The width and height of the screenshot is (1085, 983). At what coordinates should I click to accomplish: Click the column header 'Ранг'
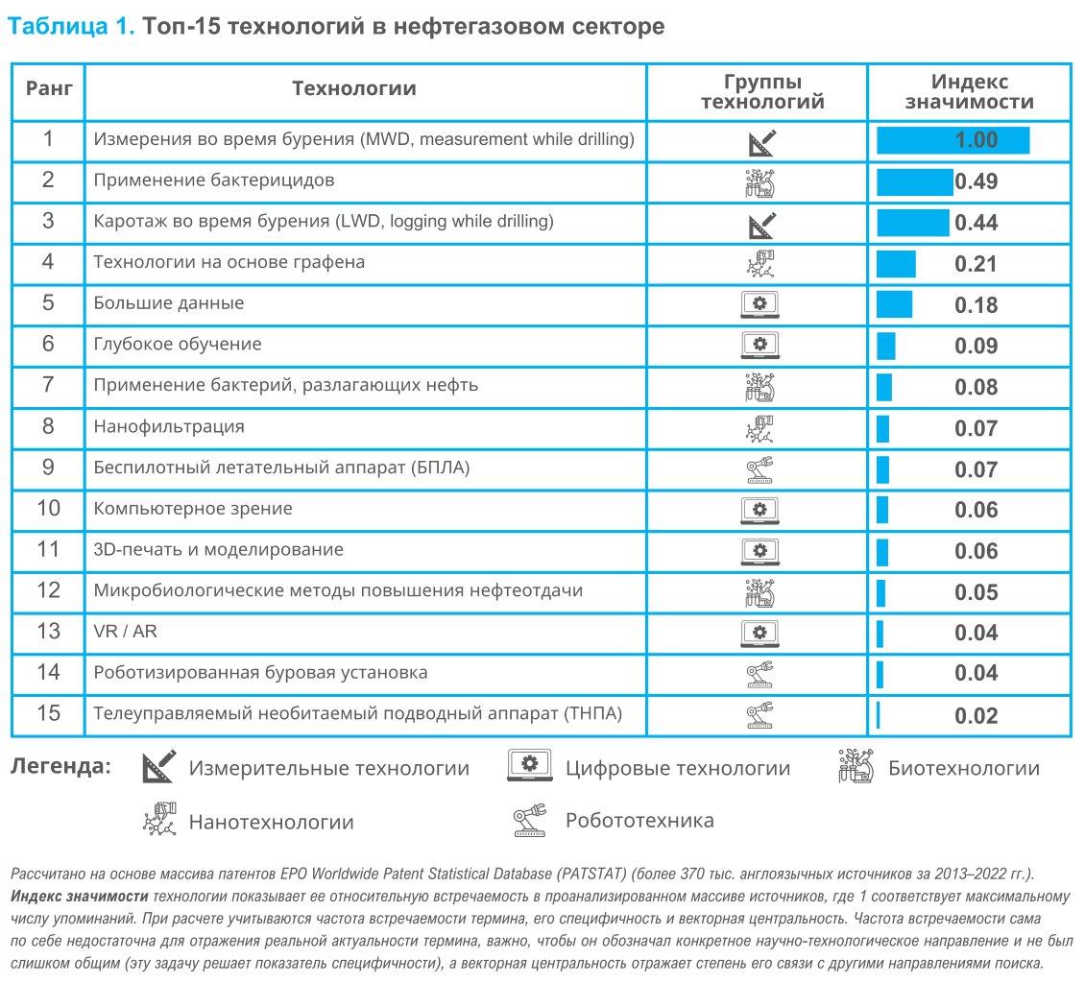(48, 88)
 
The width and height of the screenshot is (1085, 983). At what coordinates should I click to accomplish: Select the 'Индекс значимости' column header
(969, 92)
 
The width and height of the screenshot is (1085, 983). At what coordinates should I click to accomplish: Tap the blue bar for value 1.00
(952, 140)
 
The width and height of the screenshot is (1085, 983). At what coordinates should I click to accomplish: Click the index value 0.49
(976, 182)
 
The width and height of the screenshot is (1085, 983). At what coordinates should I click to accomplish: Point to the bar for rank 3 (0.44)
(913, 223)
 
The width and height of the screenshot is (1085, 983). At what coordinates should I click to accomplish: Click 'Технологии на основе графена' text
(229, 262)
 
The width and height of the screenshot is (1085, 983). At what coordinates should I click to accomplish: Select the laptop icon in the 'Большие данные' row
(759, 304)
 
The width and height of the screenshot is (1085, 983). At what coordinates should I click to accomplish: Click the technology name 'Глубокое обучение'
(178, 344)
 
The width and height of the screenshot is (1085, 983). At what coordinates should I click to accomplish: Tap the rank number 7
(48, 385)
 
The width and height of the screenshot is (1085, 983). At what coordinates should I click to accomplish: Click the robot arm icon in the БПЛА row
(759, 469)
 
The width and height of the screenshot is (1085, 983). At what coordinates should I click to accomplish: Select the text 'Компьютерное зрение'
(193, 509)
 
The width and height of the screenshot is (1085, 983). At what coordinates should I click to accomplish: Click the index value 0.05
(976, 592)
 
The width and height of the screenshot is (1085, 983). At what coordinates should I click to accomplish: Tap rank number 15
(48, 713)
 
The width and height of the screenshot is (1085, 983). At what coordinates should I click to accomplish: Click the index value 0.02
(976, 715)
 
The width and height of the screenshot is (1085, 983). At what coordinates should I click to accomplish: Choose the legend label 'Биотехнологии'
(964, 768)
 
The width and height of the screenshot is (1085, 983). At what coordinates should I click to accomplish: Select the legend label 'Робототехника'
(639, 821)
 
